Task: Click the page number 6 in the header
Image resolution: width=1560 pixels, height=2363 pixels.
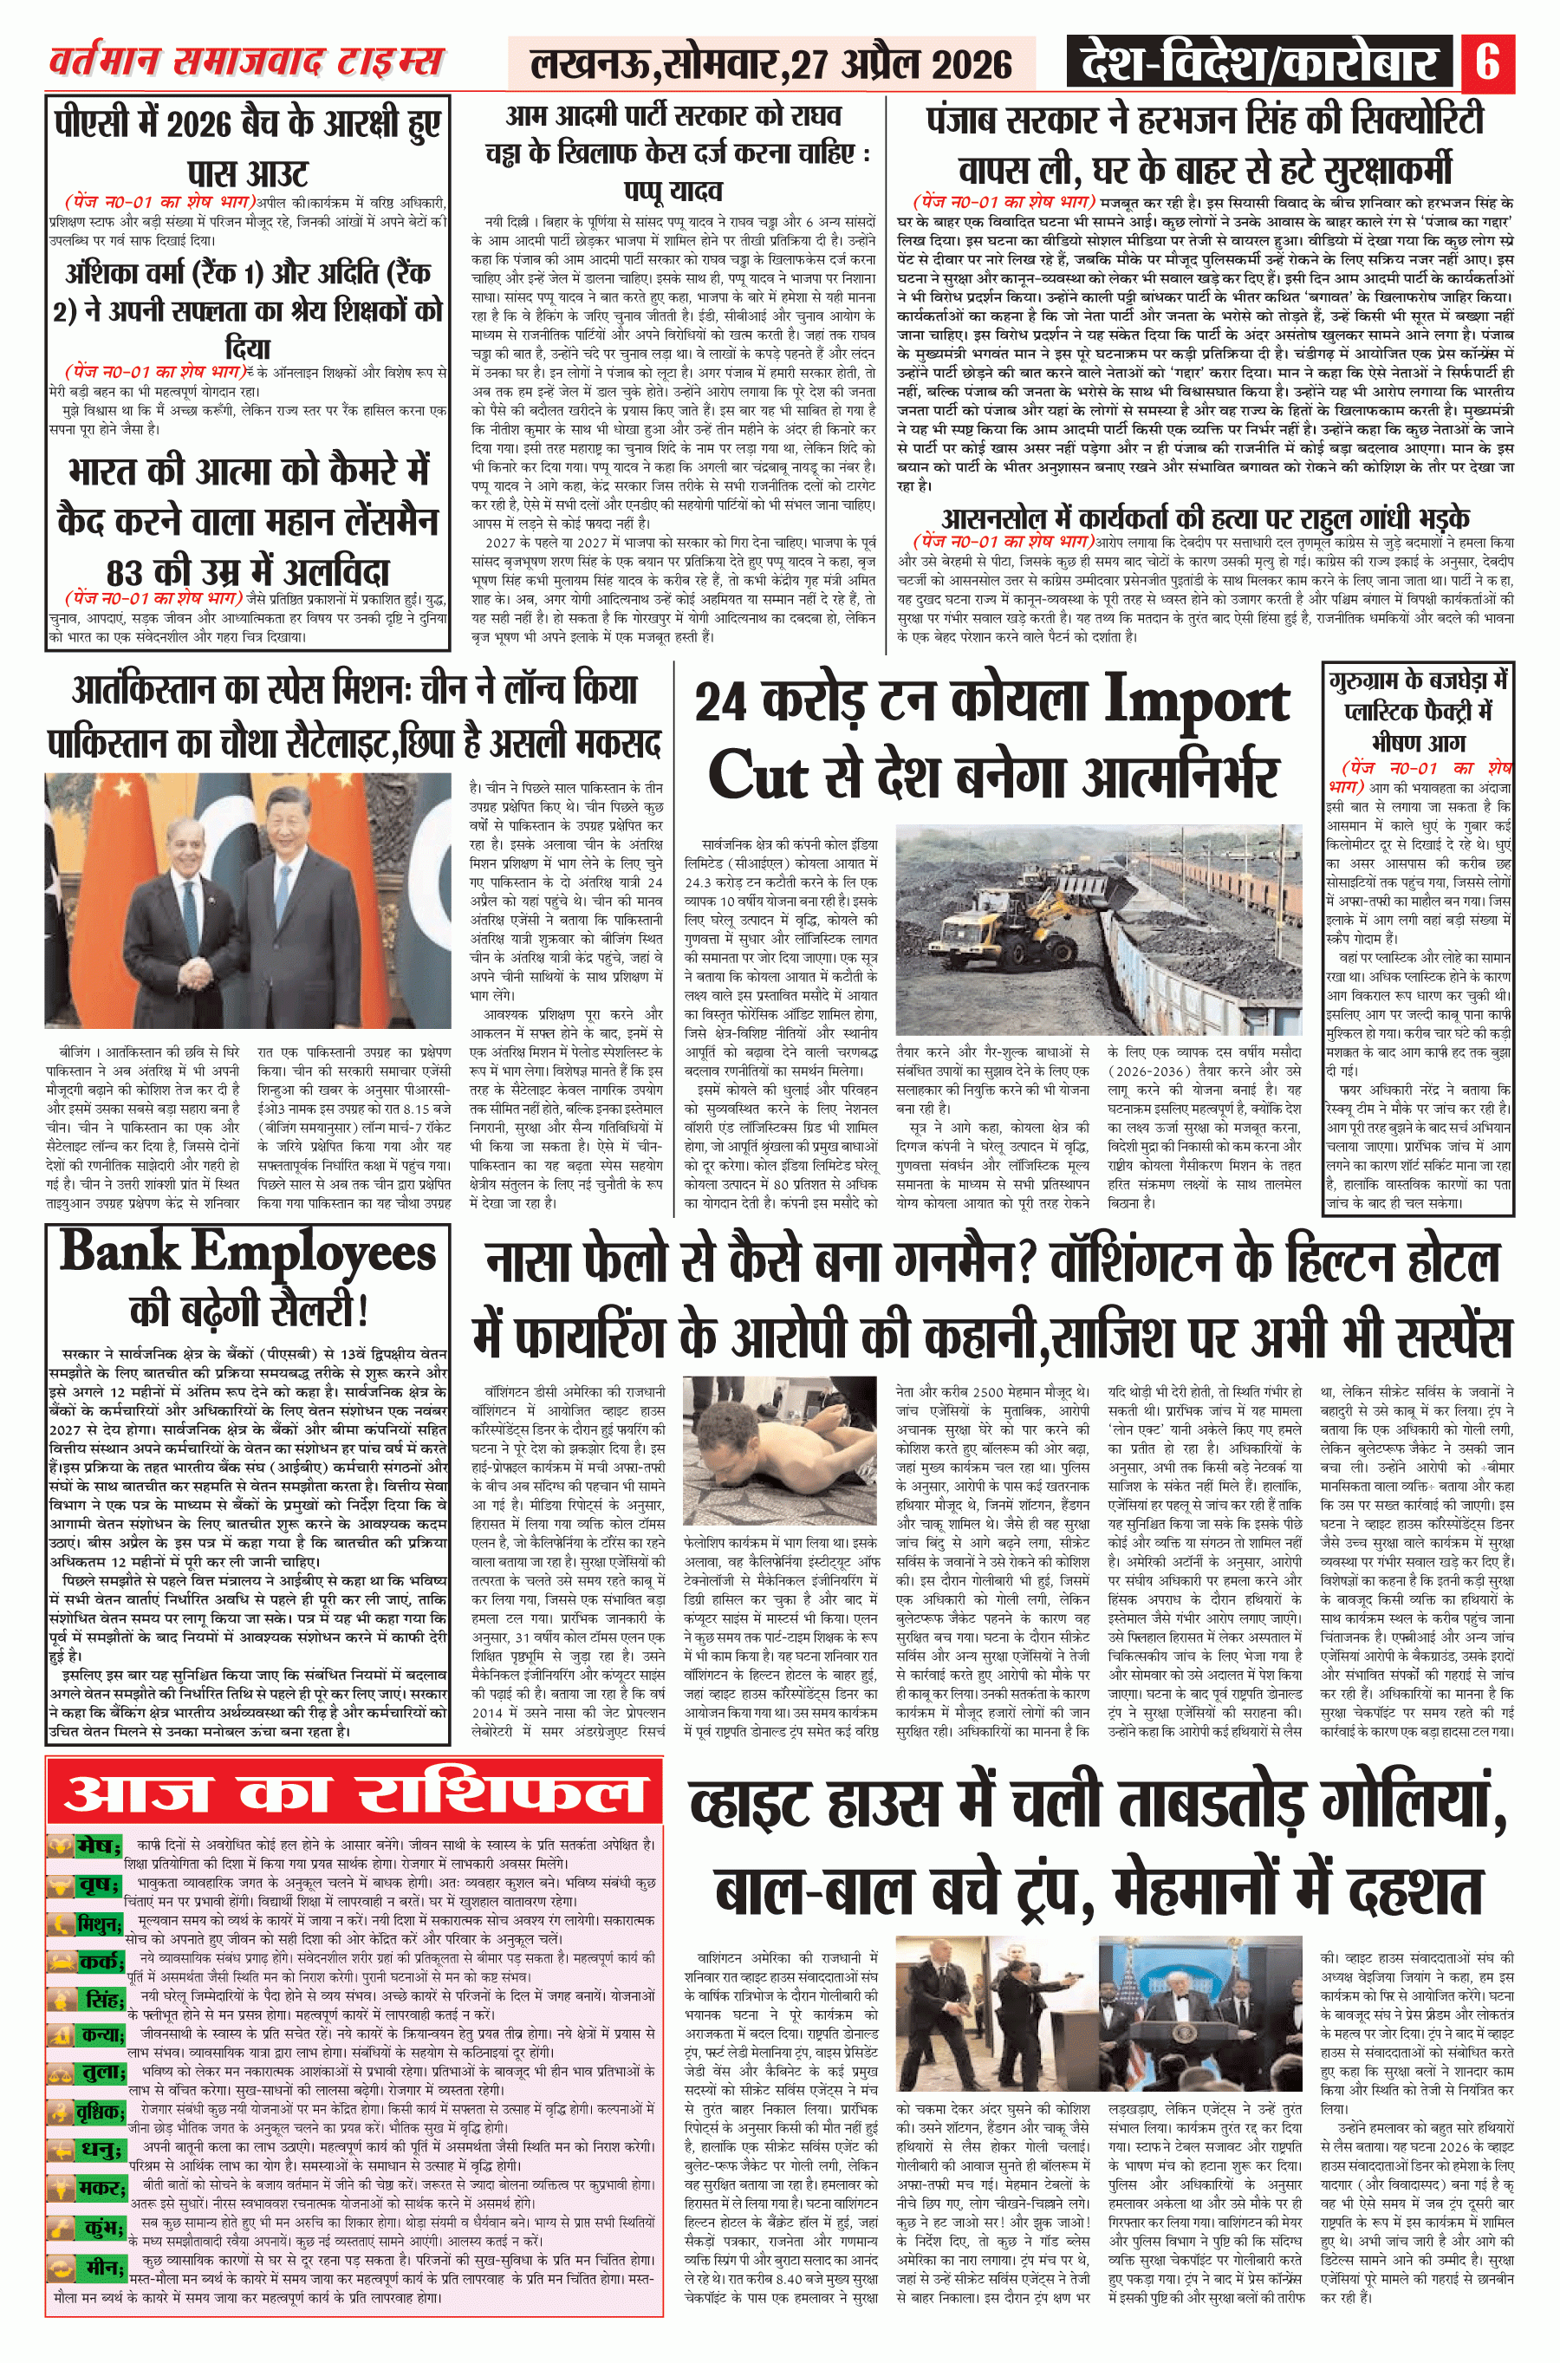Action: pyautogui.click(x=1487, y=62)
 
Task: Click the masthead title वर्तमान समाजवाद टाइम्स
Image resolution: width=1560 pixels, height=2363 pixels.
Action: pyautogui.click(x=246, y=62)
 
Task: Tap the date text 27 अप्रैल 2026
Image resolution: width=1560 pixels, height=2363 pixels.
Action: pyautogui.click(x=900, y=65)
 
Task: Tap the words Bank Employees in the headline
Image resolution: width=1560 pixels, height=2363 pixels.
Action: pyautogui.click(x=248, y=1253)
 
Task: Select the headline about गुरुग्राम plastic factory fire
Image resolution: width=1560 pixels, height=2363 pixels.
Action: pyautogui.click(x=1418, y=712)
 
